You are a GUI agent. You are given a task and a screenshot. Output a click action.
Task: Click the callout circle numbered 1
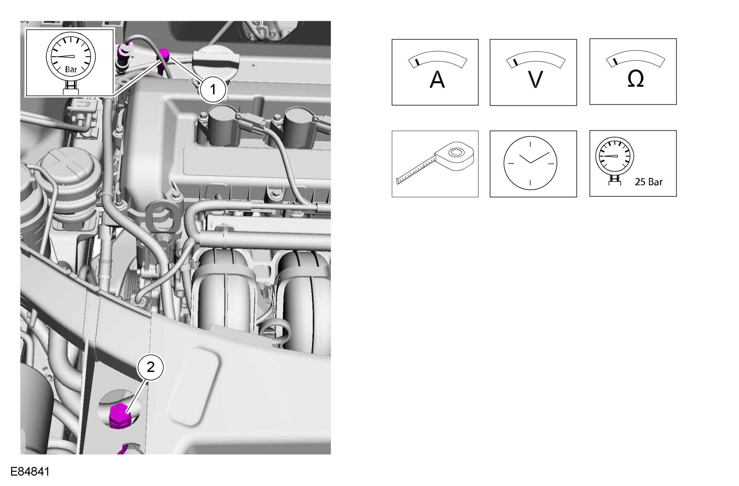213,90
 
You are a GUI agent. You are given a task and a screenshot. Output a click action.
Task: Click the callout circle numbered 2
151,367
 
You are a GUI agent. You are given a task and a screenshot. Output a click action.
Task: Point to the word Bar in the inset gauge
71,69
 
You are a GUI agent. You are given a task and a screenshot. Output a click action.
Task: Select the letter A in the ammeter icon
437,80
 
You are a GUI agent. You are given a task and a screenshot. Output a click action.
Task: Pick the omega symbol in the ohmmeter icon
635,79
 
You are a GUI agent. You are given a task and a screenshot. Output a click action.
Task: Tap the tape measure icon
435,163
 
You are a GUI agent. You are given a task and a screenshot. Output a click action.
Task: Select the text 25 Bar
649,182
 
